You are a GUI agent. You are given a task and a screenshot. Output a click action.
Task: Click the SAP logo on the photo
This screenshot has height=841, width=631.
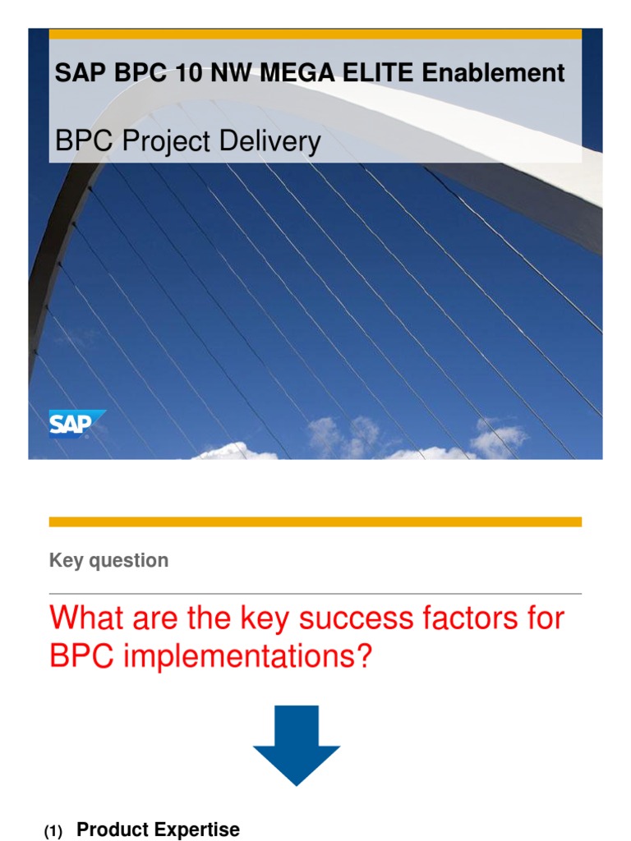pyautogui.click(x=76, y=424)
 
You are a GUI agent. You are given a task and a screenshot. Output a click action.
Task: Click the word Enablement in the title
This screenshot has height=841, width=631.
pyautogui.click(x=493, y=73)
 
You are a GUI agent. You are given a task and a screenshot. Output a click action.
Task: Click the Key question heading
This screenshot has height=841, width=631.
pyautogui.click(x=108, y=561)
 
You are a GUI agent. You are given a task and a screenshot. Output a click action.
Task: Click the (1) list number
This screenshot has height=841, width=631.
pyautogui.click(x=53, y=832)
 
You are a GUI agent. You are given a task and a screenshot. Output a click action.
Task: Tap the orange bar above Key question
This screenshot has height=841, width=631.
pyautogui.click(x=315, y=522)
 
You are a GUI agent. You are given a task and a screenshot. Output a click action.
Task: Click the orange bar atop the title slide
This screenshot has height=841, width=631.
pyautogui.click(x=315, y=34)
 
